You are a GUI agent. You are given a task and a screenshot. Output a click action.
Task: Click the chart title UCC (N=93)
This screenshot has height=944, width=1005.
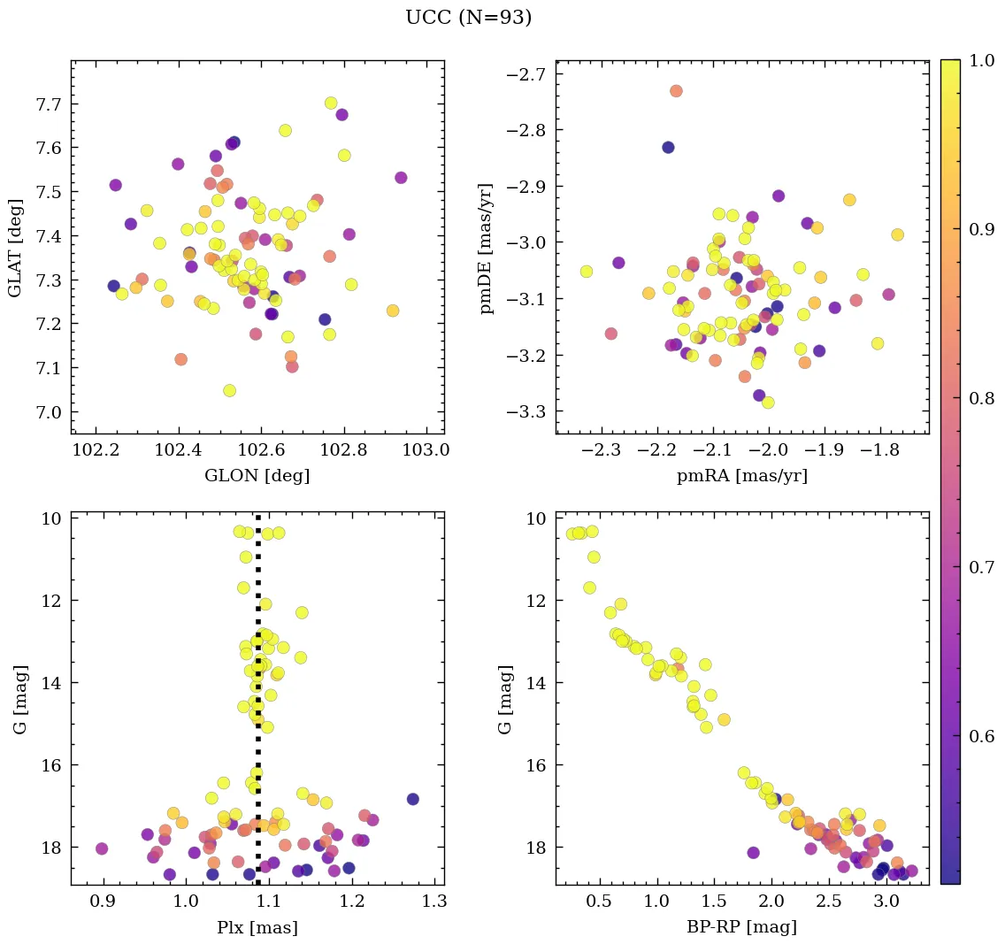coord(468,18)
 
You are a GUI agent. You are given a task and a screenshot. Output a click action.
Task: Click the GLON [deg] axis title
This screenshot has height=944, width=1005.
coord(257,476)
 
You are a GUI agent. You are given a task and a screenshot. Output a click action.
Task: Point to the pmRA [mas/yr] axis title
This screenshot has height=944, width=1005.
coord(741,476)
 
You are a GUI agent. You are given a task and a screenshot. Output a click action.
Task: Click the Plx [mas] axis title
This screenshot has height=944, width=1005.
coord(257,928)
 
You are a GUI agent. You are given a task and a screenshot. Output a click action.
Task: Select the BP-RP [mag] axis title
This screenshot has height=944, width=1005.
coord(741,928)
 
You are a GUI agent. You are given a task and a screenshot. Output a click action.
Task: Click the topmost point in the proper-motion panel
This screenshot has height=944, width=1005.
coord(676,91)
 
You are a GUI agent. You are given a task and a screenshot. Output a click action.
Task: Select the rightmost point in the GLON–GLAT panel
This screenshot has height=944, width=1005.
coord(401,178)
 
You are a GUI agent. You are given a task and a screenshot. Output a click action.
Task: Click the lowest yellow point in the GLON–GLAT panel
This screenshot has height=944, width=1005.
coord(229,390)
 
